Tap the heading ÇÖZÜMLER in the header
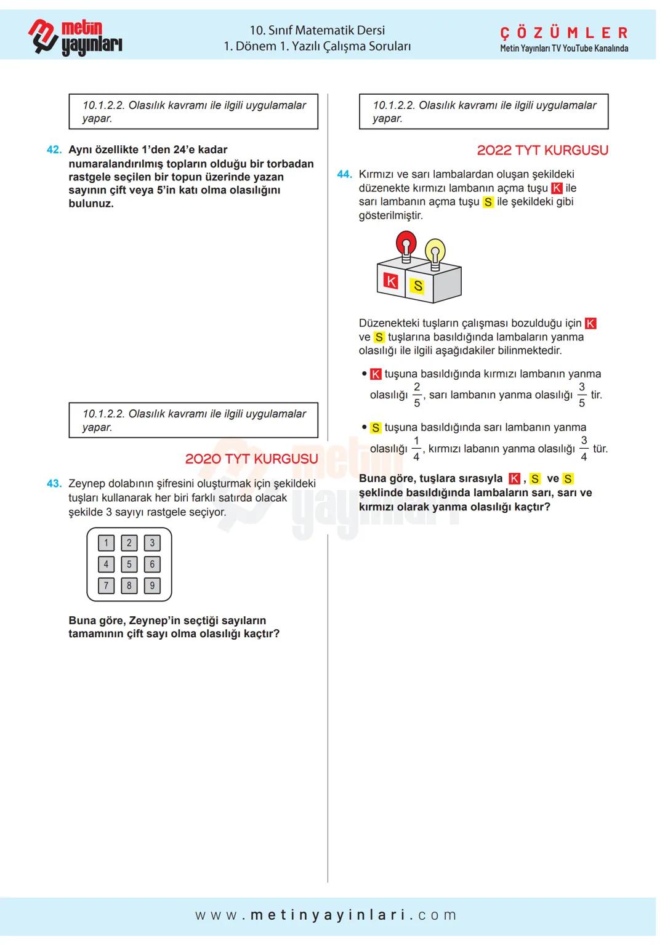563,33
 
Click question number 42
54,150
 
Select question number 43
54,484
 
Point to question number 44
344,174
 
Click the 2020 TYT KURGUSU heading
251,459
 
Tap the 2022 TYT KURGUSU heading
542,150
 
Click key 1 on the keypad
106,542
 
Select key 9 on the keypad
152,585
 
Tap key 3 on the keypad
152,542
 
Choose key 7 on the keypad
106,585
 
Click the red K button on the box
390,281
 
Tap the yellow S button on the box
418,286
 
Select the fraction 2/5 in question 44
417,395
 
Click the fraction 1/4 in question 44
416,449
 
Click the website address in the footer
326,915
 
